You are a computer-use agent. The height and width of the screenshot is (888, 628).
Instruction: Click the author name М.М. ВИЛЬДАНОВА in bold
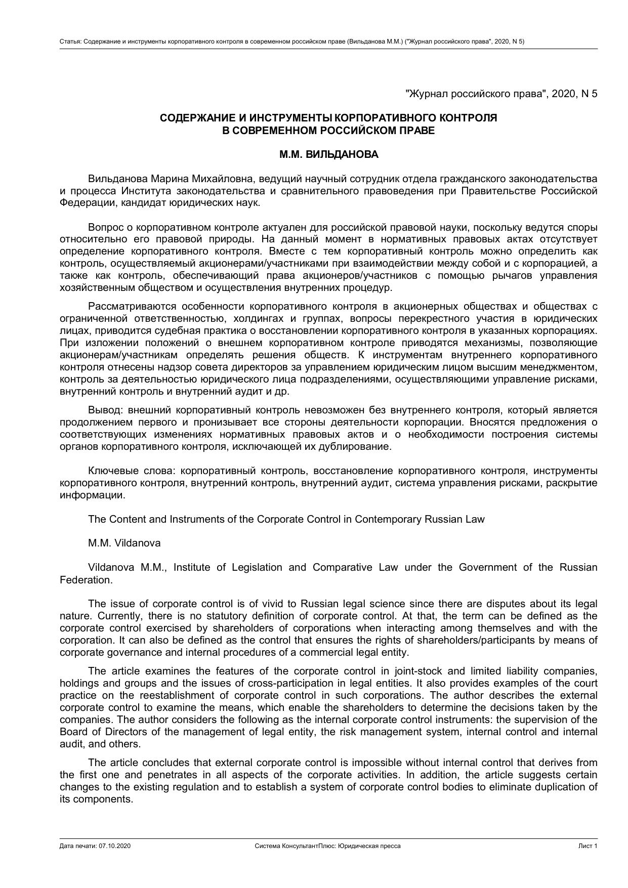point(328,155)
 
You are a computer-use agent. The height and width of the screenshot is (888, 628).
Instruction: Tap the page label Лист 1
point(588,846)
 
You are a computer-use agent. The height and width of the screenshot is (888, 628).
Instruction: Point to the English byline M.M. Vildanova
point(124,543)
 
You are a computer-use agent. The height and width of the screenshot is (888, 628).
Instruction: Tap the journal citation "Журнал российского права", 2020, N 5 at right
point(501,94)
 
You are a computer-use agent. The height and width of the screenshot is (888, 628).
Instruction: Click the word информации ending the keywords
point(92,495)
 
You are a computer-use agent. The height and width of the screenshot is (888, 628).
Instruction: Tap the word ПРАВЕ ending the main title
point(416,131)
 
